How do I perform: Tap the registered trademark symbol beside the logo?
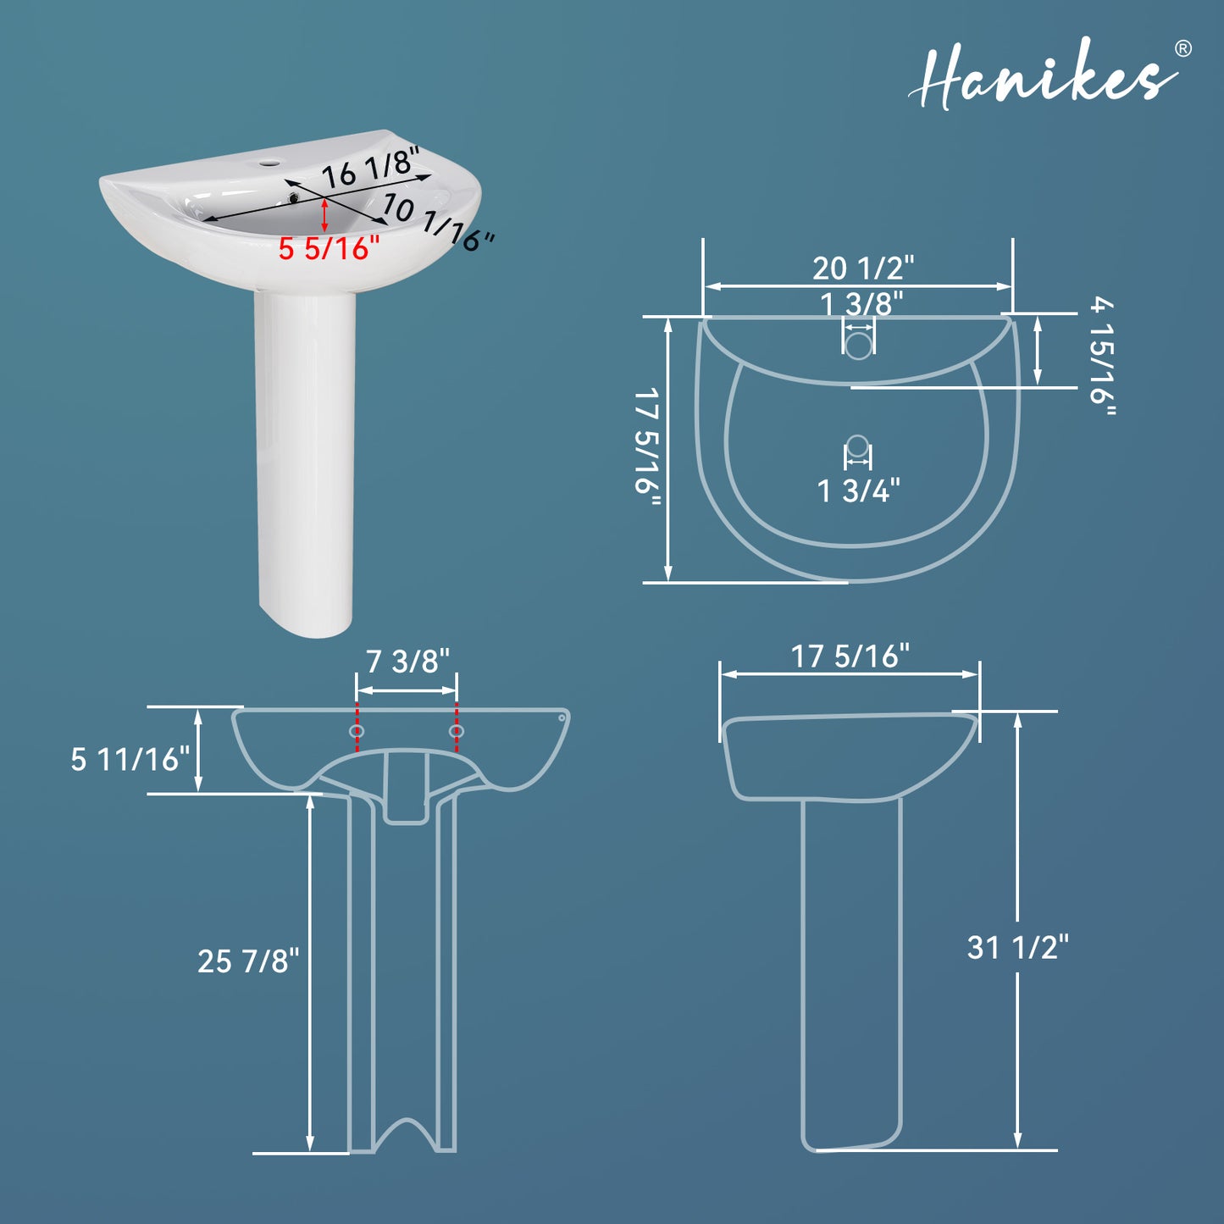point(1182,48)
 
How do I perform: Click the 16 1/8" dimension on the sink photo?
point(372,167)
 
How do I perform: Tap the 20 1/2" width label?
point(863,268)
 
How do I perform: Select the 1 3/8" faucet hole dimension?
point(861,303)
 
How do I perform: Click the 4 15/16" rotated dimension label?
point(1102,357)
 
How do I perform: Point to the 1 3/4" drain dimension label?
point(858,490)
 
